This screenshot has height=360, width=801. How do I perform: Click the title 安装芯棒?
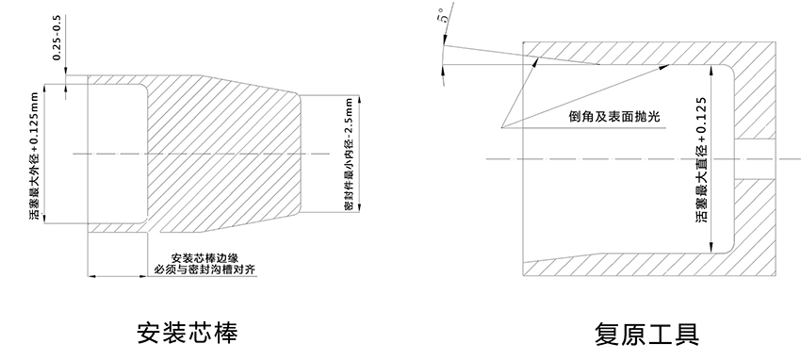[188, 333]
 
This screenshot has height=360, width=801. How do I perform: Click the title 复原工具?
[646, 335]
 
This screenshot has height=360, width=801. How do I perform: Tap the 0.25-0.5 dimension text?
[57, 38]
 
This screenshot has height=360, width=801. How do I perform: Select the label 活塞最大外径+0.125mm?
[34, 155]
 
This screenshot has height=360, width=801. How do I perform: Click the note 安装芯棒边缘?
[204, 258]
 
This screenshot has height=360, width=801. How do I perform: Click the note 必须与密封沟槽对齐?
[204, 270]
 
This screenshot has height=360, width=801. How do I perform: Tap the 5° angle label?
[444, 14]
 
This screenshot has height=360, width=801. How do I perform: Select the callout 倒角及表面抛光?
[614, 117]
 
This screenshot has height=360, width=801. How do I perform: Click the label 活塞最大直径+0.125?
[701, 159]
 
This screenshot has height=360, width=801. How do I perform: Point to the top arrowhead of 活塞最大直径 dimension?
[711, 70]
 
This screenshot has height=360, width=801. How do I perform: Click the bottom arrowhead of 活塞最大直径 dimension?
[711, 248]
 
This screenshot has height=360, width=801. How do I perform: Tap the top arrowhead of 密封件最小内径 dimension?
[360, 100]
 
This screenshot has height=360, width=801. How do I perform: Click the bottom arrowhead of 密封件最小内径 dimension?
[360, 207]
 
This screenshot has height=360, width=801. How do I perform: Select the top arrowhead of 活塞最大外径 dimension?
[45, 89]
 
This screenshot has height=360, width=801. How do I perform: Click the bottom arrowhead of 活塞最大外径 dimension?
[45, 219]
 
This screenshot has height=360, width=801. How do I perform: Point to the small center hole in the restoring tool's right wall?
[755, 159]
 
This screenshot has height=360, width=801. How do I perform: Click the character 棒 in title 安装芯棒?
[226, 333]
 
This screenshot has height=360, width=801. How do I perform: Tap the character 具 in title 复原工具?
[687, 335]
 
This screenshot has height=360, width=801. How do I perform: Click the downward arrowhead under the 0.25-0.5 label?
[66, 71]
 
